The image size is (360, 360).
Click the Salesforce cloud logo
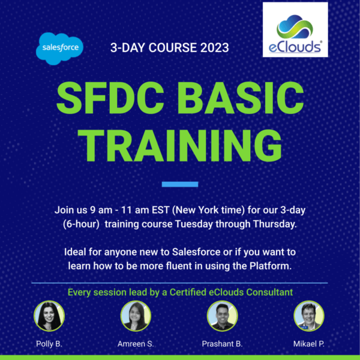pos(59,49)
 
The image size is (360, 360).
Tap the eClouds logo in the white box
pos(295,29)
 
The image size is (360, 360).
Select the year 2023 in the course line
pos(215,48)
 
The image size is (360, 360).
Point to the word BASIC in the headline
pos(241,98)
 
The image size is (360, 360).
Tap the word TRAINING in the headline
pos(180,146)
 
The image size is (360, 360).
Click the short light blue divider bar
pos(180,184)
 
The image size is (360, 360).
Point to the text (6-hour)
pos(81,224)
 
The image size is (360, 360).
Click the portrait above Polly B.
pos(49,316)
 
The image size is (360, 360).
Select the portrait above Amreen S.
pos(136,316)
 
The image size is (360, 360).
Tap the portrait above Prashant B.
pos(222,316)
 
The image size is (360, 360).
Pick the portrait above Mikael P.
pos(309,316)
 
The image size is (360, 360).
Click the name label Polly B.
pos(49,344)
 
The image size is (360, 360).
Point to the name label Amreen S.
pos(136,344)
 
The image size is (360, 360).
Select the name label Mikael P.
pos(309,344)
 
